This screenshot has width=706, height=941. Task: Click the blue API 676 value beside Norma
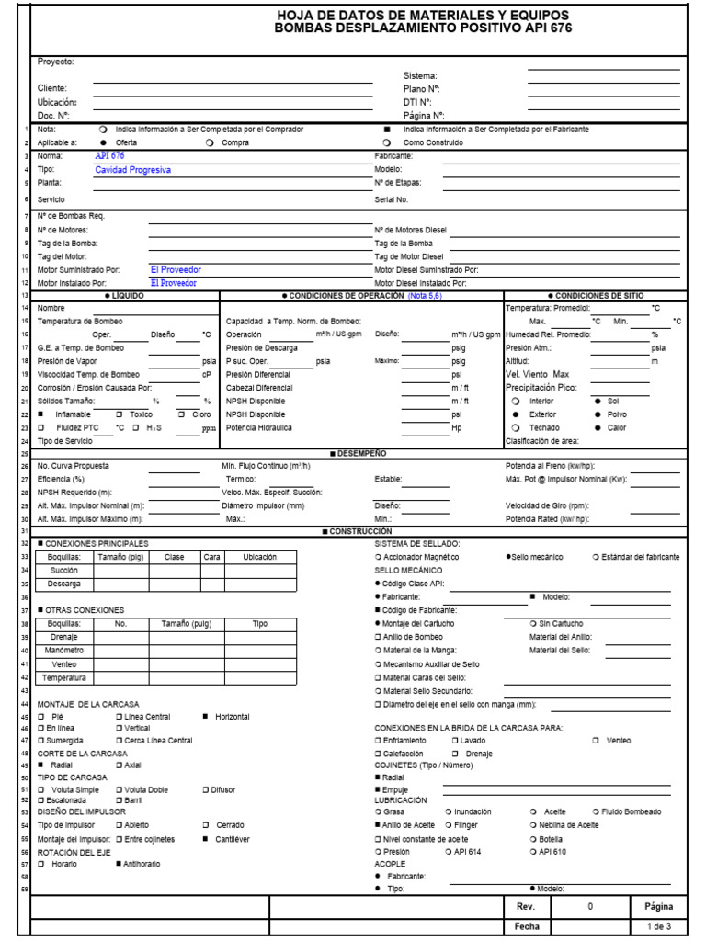click(x=109, y=156)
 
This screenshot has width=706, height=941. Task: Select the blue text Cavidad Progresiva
click(x=132, y=170)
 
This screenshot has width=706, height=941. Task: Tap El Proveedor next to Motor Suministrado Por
click(x=176, y=270)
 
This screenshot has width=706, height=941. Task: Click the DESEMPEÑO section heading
click(x=359, y=454)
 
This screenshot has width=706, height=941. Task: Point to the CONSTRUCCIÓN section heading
click(x=358, y=531)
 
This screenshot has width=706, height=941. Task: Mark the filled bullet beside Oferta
click(x=102, y=143)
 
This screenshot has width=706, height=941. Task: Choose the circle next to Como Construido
click(x=387, y=143)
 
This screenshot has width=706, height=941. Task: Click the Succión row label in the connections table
click(x=64, y=570)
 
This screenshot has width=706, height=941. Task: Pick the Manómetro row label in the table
click(x=64, y=651)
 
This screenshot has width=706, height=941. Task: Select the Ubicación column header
click(x=259, y=557)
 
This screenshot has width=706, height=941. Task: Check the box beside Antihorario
click(x=119, y=864)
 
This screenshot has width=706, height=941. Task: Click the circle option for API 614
click(x=448, y=852)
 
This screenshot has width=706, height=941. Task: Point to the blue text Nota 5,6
click(x=424, y=296)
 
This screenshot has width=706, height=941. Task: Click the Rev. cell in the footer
click(x=526, y=906)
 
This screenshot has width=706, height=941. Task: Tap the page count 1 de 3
click(x=659, y=926)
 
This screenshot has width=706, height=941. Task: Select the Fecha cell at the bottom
click(x=526, y=926)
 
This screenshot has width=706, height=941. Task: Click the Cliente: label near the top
click(x=52, y=88)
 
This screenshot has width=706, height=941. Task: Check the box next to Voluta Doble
click(x=119, y=789)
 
